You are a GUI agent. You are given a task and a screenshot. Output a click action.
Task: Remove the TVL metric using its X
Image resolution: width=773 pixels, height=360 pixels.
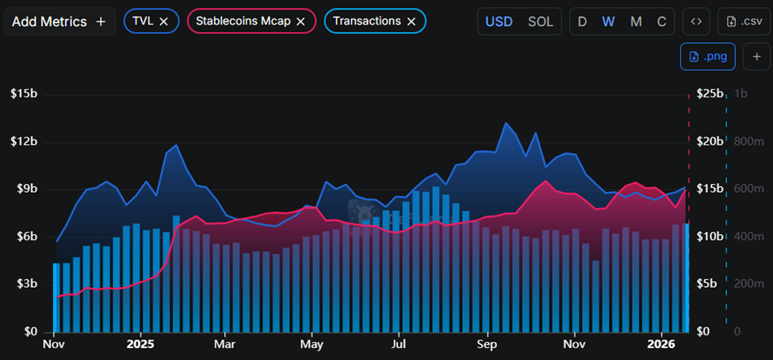[163, 21]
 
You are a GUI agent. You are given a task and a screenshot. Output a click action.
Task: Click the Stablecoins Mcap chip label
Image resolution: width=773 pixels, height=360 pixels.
[243, 21]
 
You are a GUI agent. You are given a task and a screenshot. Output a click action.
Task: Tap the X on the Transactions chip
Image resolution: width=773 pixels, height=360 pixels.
[411, 21]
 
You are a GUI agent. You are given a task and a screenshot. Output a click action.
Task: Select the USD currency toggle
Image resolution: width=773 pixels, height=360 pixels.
[499, 21]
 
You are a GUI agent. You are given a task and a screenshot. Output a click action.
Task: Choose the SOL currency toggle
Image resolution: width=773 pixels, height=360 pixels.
[541, 21]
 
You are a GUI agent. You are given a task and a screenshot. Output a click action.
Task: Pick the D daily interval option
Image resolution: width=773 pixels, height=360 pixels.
[583, 21]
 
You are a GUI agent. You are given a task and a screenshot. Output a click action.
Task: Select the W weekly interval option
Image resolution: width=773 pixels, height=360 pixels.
[609, 21]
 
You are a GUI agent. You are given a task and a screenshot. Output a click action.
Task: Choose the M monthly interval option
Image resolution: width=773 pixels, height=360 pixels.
[636, 21]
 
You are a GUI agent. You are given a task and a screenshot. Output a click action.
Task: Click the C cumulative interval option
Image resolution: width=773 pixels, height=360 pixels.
[661, 21]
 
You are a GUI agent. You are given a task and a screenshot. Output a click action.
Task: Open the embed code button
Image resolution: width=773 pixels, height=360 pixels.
[696, 21]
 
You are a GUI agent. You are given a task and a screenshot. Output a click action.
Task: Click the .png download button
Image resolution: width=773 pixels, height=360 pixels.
[708, 56]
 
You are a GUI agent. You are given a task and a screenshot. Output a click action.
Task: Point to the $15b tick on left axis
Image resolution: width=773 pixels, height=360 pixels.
[24, 94]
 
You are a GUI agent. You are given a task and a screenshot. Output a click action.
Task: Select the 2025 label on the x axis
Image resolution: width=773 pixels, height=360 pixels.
[140, 345]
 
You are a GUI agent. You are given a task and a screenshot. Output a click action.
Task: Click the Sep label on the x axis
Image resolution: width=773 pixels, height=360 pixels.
[486, 345]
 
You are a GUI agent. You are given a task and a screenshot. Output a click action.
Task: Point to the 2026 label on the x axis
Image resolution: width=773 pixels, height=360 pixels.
[660, 345]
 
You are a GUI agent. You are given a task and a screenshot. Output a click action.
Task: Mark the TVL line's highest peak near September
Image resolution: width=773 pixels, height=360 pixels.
[505, 123]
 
